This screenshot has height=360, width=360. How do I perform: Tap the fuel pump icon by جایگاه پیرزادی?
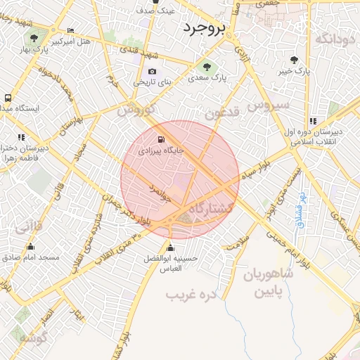tap(163, 139)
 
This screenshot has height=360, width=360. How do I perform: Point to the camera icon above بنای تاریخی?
tap(152, 72)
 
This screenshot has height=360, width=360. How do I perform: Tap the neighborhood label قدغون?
tap(222, 112)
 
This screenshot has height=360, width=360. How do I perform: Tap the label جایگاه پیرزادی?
tap(161, 150)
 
